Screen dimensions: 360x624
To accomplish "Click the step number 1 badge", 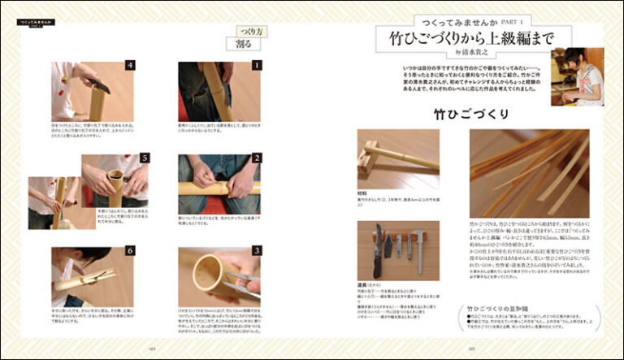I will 254,65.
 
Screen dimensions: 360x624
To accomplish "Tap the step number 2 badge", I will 254,158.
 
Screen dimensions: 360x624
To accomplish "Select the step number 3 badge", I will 254,251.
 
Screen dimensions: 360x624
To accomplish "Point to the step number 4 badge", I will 129,65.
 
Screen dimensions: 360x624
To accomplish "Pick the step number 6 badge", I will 129,251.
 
